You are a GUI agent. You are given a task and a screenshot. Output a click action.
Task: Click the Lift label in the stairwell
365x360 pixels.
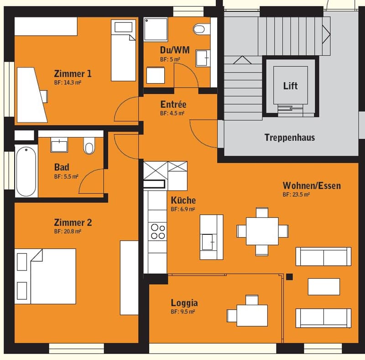click(x=290, y=86)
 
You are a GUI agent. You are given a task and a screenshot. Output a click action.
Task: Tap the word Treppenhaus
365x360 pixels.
click(x=290, y=138)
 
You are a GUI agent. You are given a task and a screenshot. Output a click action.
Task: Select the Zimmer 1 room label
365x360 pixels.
click(x=73, y=74)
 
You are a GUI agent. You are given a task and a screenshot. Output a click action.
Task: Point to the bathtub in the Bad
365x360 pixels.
click(x=26, y=171)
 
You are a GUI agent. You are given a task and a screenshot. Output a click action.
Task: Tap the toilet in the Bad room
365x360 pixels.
click(x=89, y=146)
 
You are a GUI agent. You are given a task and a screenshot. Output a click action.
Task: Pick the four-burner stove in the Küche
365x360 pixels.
click(x=158, y=231)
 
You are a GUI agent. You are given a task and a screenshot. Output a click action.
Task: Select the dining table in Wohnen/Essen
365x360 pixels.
click(x=262, y=231)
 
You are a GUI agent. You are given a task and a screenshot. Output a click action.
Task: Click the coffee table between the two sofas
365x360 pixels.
click(x=324, y=286)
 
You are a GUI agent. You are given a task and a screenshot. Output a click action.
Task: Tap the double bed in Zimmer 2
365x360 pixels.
click(x=45, y=276)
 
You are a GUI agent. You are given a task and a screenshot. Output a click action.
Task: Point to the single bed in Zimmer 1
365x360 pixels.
click(x=123, y=50)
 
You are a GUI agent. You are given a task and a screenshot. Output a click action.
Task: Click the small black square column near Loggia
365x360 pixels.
click(x=289, y=277)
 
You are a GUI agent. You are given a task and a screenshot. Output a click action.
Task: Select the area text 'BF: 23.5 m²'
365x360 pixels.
click(x=296, y=195)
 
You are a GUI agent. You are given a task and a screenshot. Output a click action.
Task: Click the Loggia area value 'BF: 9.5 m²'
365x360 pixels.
click(x=183, y=312)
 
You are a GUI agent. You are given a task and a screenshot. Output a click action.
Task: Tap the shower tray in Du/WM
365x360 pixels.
click(x=156, y=30)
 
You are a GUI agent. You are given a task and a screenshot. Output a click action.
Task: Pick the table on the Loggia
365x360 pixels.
click(x=252, y=315)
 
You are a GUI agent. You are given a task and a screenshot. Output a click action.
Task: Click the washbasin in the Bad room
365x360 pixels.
click(x=59, y=145)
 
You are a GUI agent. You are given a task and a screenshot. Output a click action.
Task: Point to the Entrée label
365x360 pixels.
click(x=173, y=105)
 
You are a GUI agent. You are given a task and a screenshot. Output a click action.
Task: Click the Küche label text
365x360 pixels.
click(x=183, y=200)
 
